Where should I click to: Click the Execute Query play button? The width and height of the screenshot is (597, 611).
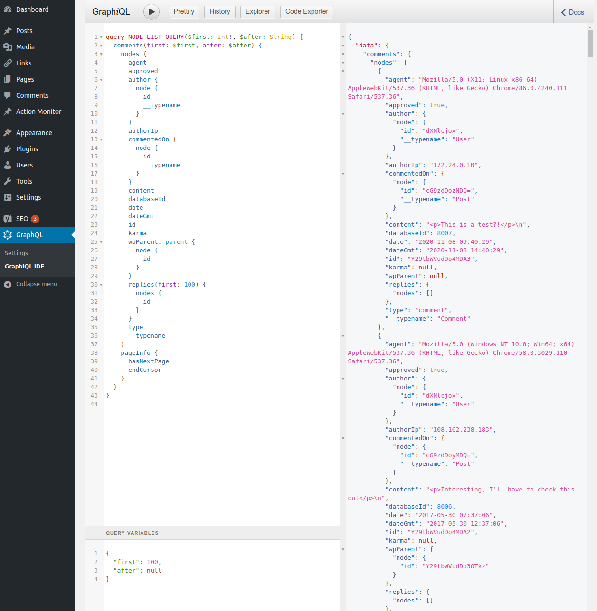point(151,12)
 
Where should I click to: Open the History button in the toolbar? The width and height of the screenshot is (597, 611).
point(220,11)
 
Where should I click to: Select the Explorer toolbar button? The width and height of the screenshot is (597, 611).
point(257,11)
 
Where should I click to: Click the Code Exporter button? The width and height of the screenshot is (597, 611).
point(306,11)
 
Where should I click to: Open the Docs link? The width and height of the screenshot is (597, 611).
point(573,12)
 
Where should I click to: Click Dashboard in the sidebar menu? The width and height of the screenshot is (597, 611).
point(32,9)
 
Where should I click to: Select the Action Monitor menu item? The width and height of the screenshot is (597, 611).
point(38,111)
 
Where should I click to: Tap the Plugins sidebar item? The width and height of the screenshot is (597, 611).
point(27,149)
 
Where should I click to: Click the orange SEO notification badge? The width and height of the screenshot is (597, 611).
point(35,219)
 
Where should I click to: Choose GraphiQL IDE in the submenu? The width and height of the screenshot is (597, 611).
point(25,266)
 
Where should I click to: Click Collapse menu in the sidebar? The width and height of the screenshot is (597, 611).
point(37,284)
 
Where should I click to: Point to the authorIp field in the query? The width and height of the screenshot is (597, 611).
point(143,130)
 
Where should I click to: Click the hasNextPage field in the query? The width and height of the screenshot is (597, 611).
point(149,361)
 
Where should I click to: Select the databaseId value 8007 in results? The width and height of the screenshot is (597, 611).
point(444,233)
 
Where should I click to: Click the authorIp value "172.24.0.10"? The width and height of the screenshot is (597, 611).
point(454,165)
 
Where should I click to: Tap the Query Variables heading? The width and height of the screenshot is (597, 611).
point(132,533)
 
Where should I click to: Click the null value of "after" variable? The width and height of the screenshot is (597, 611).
point(154,570)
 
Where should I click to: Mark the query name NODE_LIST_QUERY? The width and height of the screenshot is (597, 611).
point(156,37)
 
